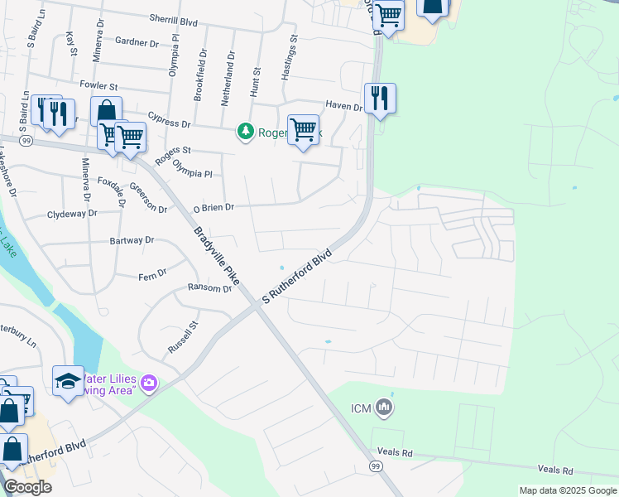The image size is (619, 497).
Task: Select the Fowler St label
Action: point(99,85)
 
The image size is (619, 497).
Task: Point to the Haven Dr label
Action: point(343,106)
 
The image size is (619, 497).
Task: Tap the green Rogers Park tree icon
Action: point(245,131)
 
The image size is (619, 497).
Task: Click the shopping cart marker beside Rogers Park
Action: point(304,130)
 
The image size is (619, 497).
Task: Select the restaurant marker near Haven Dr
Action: point(380,99)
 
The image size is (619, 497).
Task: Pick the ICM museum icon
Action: point(384,407)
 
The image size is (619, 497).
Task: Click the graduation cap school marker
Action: point(68,381)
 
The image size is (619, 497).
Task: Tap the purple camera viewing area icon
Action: point(149,383)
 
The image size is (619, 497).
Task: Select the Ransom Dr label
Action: point(210,289)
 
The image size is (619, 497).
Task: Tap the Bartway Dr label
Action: point(132,240)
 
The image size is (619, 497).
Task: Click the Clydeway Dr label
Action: point(72,213)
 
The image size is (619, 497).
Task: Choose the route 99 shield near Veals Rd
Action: point(377,467)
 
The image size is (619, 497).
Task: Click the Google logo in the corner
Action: point(27,487)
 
